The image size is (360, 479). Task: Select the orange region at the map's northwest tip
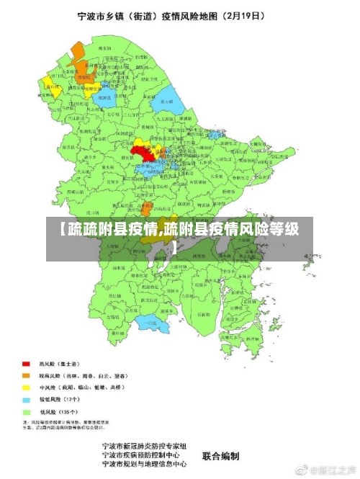coord(77,51)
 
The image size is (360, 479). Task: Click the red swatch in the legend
coord(27,364)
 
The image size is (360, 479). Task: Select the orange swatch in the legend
coord(27,375)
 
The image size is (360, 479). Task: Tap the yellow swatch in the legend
coord(27,387)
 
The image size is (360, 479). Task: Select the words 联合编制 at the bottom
coord(220,456)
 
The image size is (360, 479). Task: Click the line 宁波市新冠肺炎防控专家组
coord(145,447)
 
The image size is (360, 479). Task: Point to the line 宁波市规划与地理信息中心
coord(148,465)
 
